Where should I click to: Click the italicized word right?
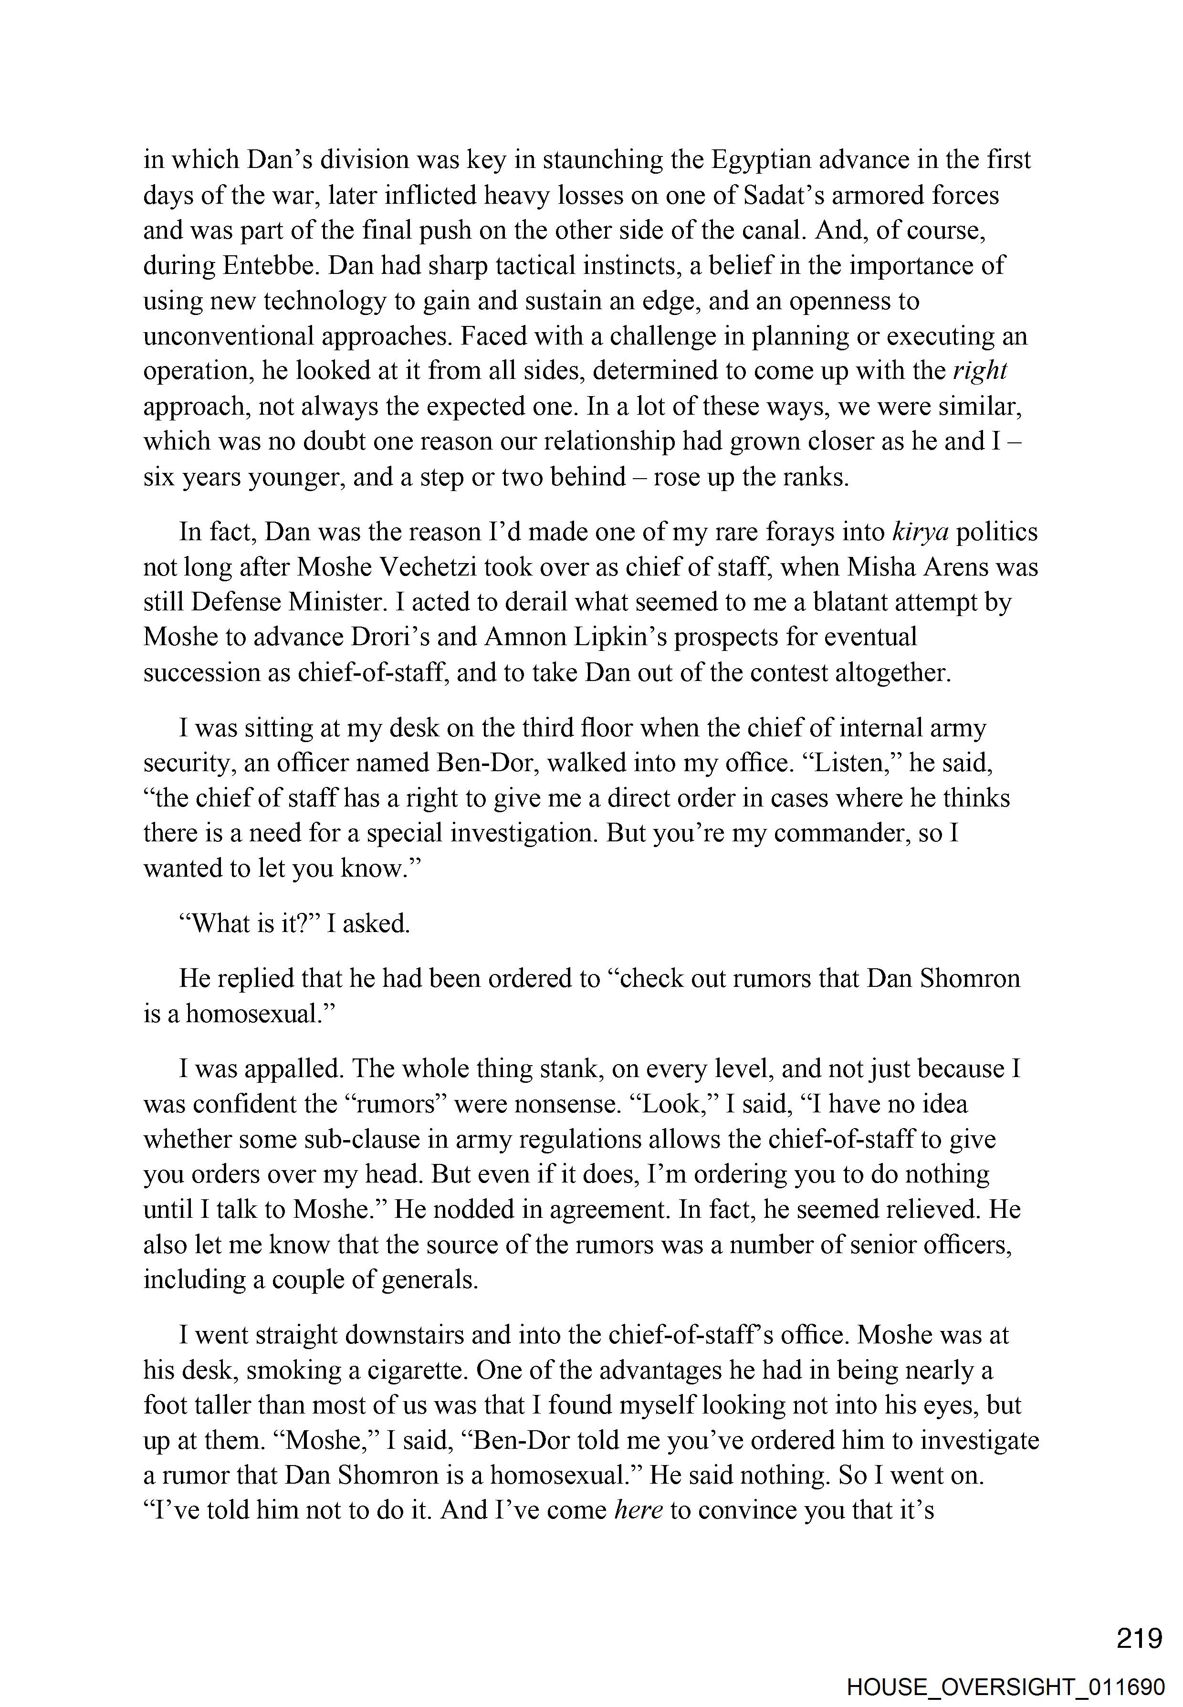980,371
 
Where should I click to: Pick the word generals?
430,1279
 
